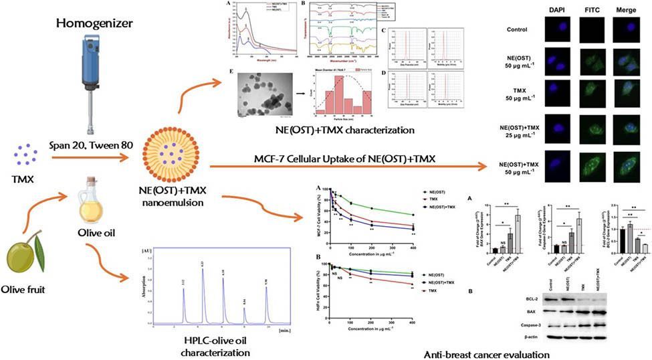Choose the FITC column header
(x=589, y=11)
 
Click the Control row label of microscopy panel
(x=518, y=29)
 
